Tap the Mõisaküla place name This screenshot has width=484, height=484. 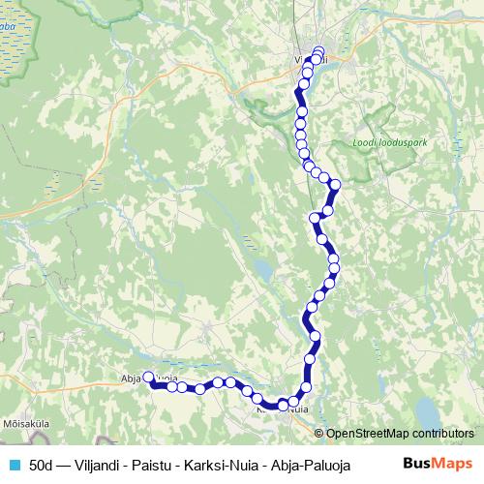[22, 423]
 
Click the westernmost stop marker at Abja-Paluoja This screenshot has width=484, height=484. [149, 378]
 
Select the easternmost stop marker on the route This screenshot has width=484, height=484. [336, 184]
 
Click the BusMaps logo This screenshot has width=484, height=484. [437, 463]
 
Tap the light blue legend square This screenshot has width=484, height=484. [14, 464]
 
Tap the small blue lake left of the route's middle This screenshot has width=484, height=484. [260, 266]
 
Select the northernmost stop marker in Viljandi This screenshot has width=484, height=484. [318, 52]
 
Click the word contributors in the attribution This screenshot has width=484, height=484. [439, 433]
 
